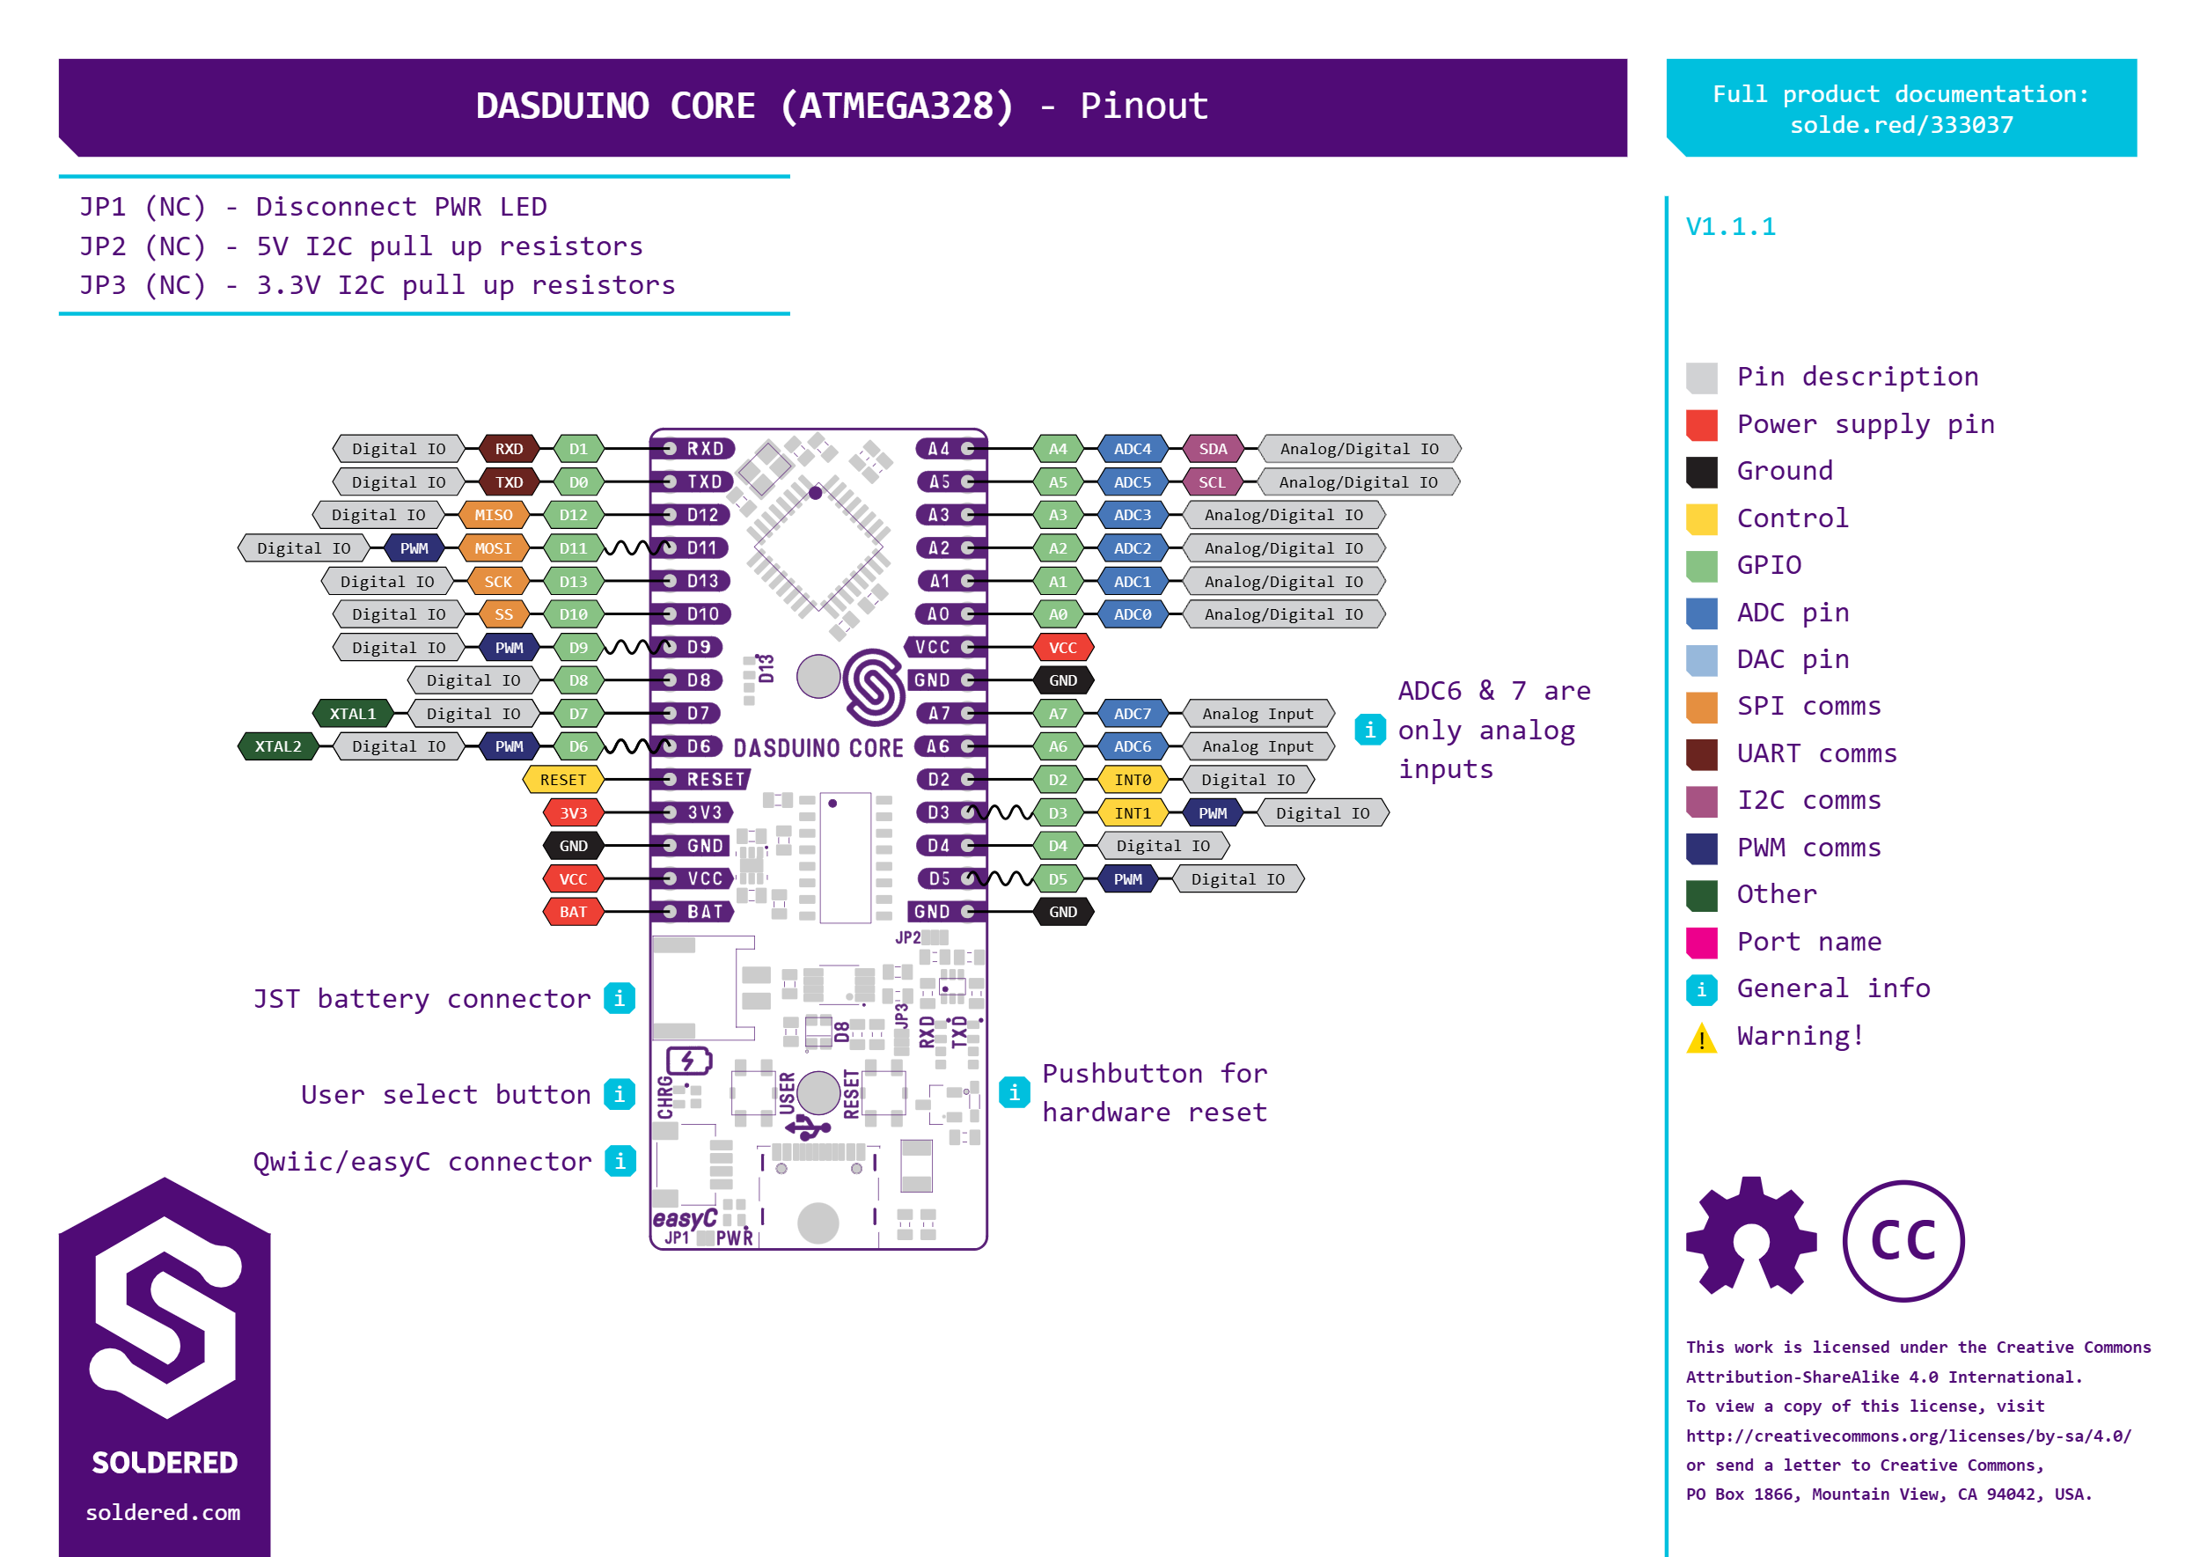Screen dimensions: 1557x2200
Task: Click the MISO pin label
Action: point(493,515)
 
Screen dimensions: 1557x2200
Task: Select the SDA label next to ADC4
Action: point(1213,449)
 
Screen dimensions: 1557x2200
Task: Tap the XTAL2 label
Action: point(277,745)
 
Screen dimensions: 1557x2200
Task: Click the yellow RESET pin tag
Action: point(562,780)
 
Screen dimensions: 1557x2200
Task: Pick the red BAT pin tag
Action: point(573,912)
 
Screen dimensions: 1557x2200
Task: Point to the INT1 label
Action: point(1132,813)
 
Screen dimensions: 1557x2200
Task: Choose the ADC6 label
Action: point(1132,745)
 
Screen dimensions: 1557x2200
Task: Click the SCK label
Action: point(497,581)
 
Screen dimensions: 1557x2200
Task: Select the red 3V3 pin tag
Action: point(573,813)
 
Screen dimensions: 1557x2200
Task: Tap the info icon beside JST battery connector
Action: point(620,998)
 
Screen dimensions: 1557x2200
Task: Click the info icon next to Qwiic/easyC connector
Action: point(620,1161)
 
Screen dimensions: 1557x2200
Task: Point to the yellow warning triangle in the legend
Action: point(1702,1038)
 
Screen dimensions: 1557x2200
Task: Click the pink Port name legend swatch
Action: point(1702,943)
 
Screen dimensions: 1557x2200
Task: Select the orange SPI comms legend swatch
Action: point(1702,707)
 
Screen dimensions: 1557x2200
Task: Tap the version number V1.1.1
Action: point(1730,227)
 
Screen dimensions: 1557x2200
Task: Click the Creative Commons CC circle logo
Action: point(1903,1241)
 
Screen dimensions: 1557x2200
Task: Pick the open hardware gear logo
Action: point(1750,1236)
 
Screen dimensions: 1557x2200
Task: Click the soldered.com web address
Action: point(163,1512)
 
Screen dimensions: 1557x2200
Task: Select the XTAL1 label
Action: point(353,713)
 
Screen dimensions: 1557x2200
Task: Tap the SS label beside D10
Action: point(503,614)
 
